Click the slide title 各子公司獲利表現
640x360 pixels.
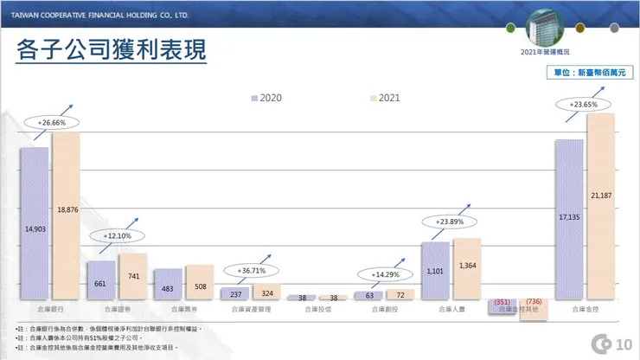click(112, 48)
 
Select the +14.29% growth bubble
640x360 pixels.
click(386, 274)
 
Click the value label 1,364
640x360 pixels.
click(468, 265)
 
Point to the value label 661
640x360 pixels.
click(100, 284)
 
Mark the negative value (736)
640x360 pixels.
click(534, 301)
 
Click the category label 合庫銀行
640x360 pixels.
click(50, 309)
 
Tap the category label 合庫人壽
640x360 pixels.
click(451, 309)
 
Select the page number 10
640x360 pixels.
click(624, 345)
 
